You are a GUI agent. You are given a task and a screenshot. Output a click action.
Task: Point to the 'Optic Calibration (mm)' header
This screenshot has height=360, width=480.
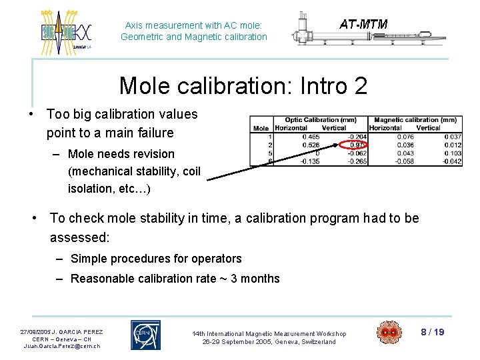coord(320,120)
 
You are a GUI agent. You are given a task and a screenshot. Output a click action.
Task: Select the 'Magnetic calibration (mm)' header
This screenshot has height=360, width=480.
coord(415,120)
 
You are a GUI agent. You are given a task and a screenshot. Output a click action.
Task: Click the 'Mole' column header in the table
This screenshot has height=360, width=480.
coord(261,128)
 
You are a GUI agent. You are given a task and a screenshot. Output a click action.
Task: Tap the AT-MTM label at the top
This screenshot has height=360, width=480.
coord(363,25)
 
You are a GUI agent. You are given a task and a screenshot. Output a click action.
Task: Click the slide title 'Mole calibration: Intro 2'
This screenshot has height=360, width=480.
coord(243,85)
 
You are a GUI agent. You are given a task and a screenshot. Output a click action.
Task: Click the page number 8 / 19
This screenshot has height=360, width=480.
coord(432,332)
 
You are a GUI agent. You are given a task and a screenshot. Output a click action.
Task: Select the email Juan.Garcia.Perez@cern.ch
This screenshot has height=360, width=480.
coord(61,346)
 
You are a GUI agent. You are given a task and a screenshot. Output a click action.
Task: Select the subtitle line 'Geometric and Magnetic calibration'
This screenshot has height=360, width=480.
coord(193,37)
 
